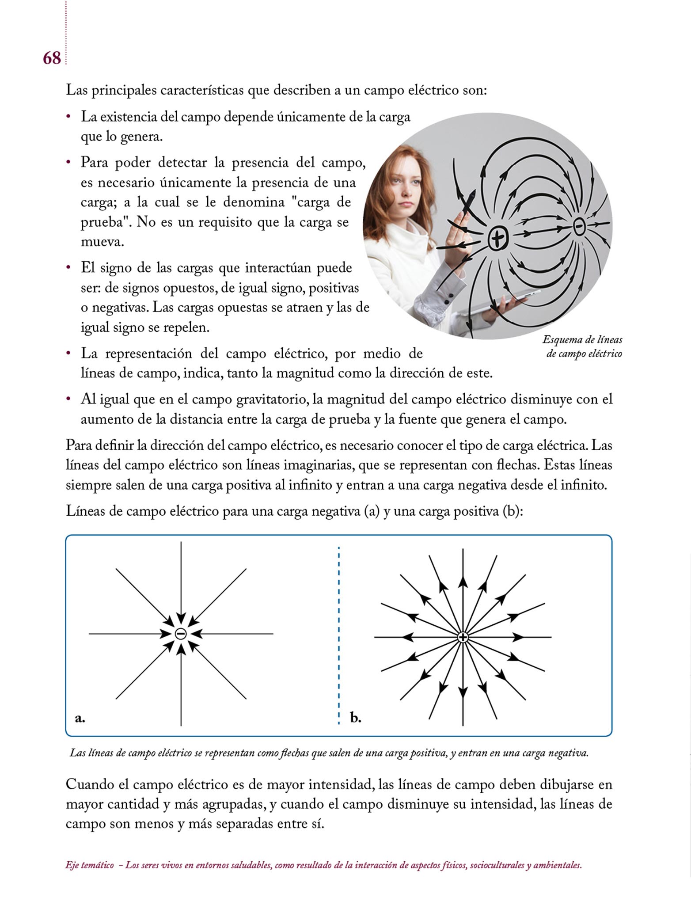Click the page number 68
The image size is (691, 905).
52,58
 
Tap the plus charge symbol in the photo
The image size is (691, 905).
498,239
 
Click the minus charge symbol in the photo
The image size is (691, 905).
579,227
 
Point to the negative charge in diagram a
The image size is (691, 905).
181,634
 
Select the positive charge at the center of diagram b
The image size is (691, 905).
463,637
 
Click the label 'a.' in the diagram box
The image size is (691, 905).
80,718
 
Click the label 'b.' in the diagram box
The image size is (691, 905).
356,718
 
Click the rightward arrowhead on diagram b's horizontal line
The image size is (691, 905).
518,637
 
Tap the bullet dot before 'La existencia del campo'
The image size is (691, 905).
68,117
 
